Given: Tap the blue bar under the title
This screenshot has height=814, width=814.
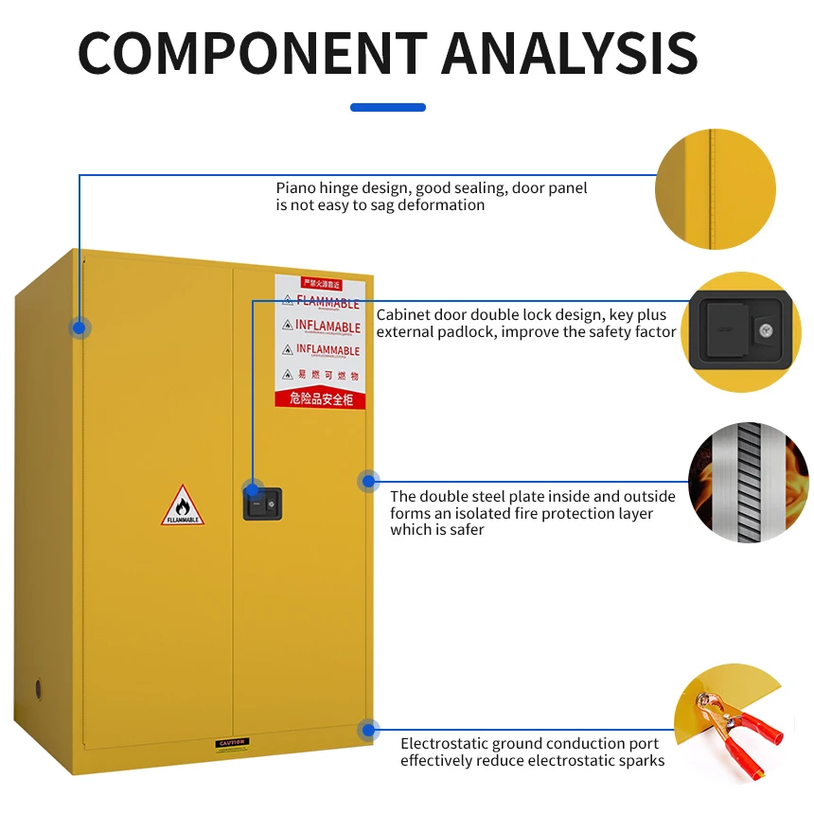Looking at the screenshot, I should pos(388,107).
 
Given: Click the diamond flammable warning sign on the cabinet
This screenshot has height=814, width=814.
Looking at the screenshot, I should pos(183,505).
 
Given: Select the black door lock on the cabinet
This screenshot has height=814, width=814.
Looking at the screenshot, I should pos(263,503).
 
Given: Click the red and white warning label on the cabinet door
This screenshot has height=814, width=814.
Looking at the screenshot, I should pos(320,341).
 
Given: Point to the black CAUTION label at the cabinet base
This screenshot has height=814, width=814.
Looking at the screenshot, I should pos(231,743).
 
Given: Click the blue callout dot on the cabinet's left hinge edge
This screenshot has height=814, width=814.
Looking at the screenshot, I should pos(80,327).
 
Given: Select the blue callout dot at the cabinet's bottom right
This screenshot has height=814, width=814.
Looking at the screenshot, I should pos(368,730).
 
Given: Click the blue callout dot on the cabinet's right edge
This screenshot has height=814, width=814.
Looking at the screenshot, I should pos(368,481).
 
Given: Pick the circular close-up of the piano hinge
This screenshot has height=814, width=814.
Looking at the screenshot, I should pos(716,189).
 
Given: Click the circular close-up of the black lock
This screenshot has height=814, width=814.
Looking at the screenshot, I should pos(741,331).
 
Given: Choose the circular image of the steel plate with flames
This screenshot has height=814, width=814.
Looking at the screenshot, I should pos(748,483).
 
